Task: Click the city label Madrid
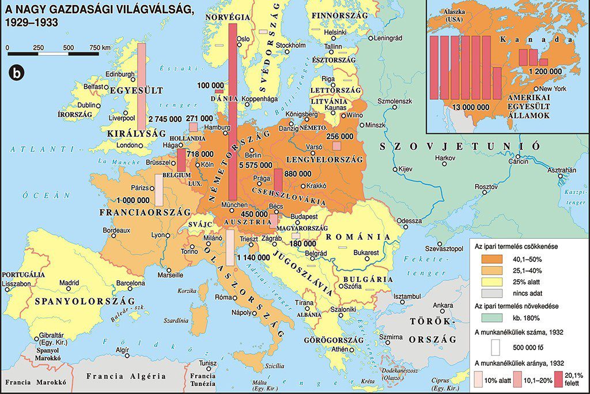69,283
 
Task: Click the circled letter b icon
17,73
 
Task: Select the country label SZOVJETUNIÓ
459,146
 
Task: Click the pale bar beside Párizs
158,190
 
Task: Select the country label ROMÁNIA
362,237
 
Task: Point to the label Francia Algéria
126,376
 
